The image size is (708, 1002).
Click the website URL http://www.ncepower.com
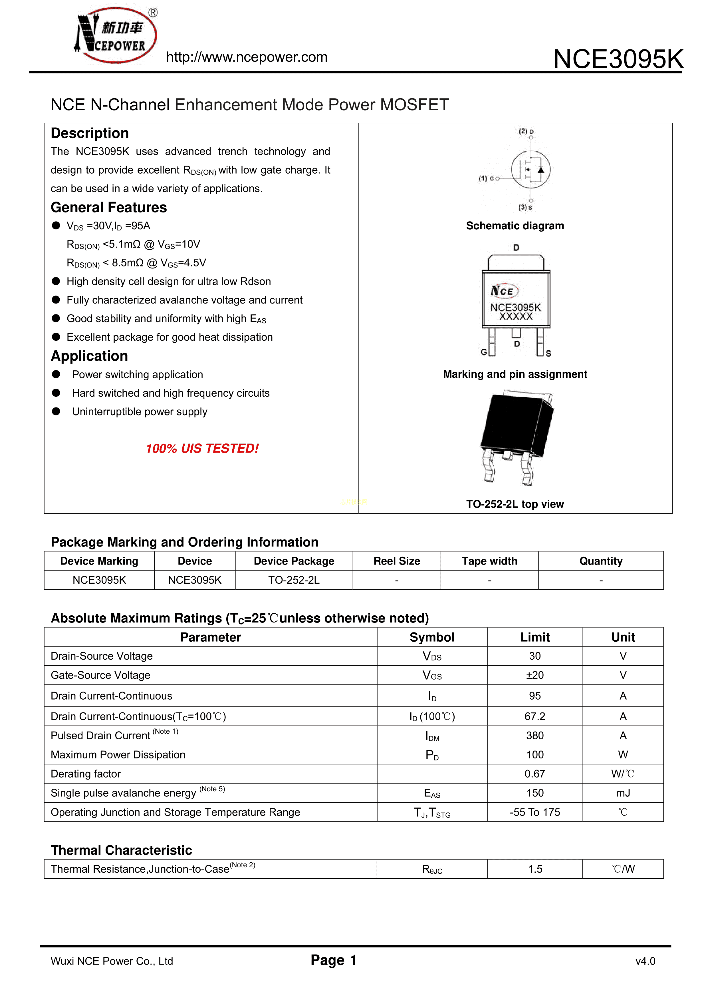click(247, 57)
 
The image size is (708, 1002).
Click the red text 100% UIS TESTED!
click(202, 448)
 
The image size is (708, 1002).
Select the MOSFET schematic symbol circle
click(531, 170)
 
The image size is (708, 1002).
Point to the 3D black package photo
click(517, 435)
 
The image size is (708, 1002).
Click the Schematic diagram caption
click(515, 226)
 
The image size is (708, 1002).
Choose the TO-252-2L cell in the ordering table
click(294, 580)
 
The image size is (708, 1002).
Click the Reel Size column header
click(397, 561)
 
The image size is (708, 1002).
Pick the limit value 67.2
click(534, 716)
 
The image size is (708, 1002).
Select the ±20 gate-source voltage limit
click(534, 675)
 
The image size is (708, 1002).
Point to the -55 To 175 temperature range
click(534, 812)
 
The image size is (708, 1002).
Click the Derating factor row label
click(86, 774)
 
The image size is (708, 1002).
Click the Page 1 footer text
click(334, 960)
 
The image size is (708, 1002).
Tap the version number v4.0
click(645, 961)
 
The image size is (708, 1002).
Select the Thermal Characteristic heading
click(121, 850)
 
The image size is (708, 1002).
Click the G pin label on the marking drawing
click(483, 352)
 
